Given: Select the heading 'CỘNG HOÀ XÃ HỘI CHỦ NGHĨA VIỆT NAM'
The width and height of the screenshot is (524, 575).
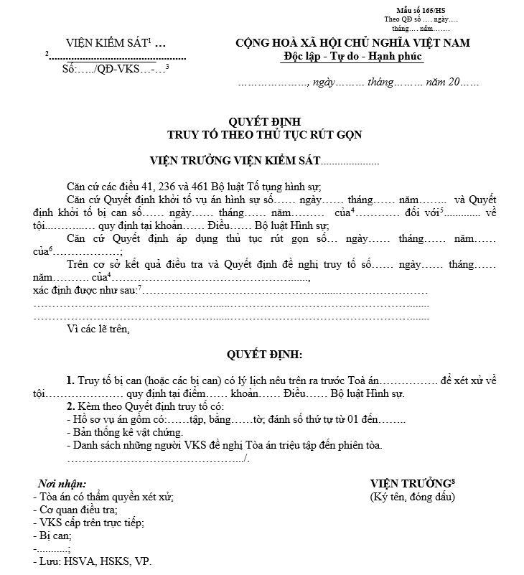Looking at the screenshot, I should (x=353, y=43).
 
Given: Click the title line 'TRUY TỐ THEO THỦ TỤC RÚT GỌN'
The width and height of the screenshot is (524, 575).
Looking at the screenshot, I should (x=264, y=134).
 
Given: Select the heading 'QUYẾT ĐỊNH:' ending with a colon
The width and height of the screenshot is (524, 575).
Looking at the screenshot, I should (x=264, y=355).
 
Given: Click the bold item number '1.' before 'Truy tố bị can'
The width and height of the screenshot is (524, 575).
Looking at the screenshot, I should (x=70, y=380).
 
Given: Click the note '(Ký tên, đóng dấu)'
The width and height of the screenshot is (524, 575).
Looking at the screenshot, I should (x=412, y=497).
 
